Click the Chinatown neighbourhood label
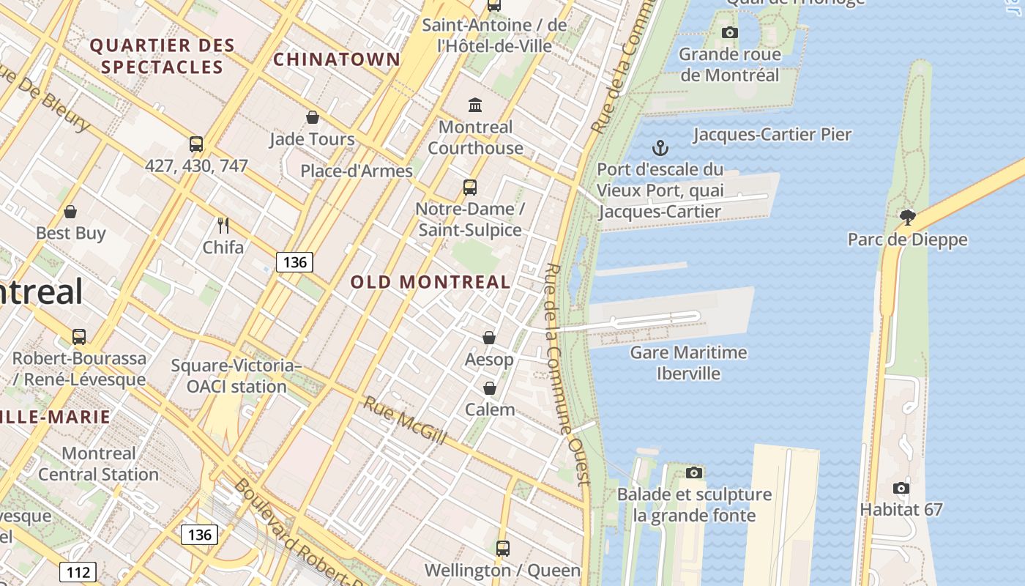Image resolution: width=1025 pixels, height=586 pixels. (337, 59)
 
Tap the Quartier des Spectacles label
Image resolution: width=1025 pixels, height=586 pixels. (162, 56)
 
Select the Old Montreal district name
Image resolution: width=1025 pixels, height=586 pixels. (430, 282)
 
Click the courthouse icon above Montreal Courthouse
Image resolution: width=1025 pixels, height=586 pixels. (475, 105)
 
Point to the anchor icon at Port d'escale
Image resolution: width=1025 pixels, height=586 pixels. (660, 148)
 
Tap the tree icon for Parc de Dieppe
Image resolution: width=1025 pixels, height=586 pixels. (908, 217)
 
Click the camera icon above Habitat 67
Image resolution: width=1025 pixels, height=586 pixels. (901, 488)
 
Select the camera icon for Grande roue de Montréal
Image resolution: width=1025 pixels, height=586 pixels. (729, 32)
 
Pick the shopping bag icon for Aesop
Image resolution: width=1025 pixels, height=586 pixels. (489, 338)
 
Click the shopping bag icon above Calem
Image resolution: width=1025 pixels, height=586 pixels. (489, 388)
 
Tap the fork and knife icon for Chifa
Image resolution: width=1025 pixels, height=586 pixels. (223, 225)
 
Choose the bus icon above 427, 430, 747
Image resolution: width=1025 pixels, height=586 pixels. (196, 144)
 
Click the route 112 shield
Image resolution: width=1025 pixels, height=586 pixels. (78, 572)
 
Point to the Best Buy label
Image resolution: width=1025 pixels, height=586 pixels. (71, 234)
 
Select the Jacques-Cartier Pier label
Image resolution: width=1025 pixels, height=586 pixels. (772, 135)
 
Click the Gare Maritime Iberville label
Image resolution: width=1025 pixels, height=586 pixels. (688, 363)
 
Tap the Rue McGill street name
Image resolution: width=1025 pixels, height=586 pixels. (405, 420)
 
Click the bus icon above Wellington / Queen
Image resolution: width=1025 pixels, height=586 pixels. (502, 548)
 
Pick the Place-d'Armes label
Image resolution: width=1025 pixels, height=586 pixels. (357, 171)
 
